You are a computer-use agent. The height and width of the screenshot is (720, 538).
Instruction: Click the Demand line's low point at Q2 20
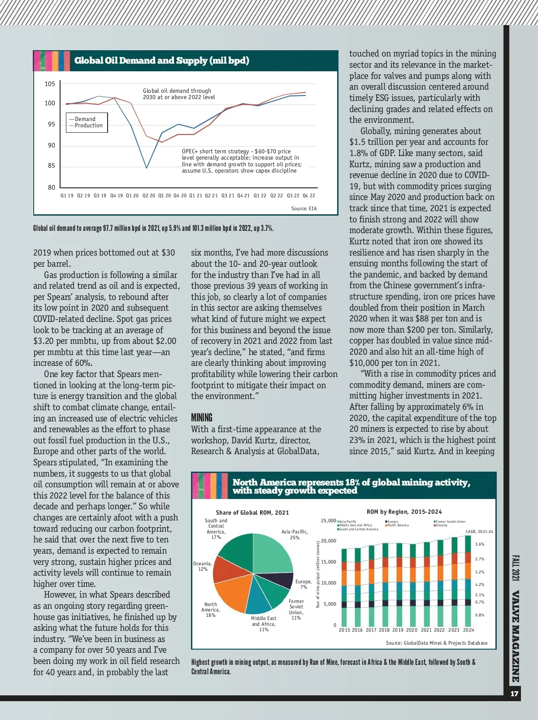(x=147, y=168)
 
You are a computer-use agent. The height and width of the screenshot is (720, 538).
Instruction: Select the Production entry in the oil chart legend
(x=88, y=126)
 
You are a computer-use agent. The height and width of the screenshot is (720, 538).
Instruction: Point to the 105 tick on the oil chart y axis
(x=50, y=84)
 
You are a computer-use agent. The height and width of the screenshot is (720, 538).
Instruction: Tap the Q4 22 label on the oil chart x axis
(x=309, y=195)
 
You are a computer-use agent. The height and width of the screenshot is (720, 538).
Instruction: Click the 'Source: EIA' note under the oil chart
(x=304, y=208)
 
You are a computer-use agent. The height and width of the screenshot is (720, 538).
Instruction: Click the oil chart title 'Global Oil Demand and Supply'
(x=161, y=61)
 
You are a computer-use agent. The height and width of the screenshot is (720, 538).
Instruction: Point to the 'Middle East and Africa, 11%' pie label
(x=264, y=624)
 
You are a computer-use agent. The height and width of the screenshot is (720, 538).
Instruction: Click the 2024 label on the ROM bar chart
(x=469, y=630)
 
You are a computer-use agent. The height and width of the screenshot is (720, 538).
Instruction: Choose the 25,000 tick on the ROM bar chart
(x=328, y=520)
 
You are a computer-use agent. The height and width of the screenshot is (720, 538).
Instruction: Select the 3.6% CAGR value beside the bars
(x=480, y=544)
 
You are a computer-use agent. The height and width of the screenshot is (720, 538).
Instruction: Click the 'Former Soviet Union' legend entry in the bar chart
(x=450, y=521)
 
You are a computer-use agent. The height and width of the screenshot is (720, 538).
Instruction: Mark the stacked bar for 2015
(x=344, y=587)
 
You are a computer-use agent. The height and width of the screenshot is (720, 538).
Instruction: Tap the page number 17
(x=514, y=694)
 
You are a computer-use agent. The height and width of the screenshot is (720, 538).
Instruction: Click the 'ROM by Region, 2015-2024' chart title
(x=404, y=512)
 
